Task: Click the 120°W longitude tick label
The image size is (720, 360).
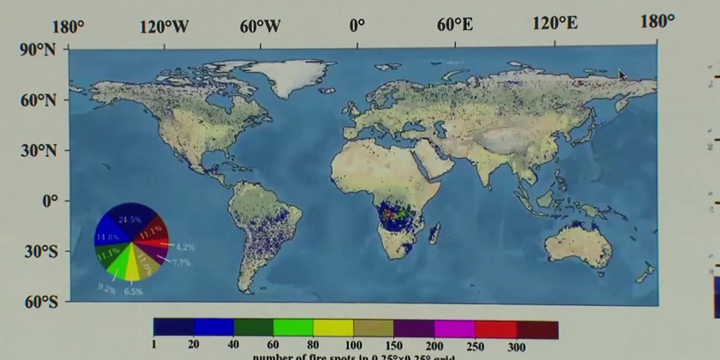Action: (x=164, y=26)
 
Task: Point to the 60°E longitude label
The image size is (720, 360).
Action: (x=455, y=25)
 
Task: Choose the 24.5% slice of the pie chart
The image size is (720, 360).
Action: (x=131, y=219)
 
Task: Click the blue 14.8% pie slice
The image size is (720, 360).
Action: (x=107, y=236)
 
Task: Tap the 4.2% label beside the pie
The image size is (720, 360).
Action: (x=184, y=247)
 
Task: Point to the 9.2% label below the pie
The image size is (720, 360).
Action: (x=106, y=288)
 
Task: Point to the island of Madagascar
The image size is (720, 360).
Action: (x=435, y=231)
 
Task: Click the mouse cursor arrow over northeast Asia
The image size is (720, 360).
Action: (x=622, y=75)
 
